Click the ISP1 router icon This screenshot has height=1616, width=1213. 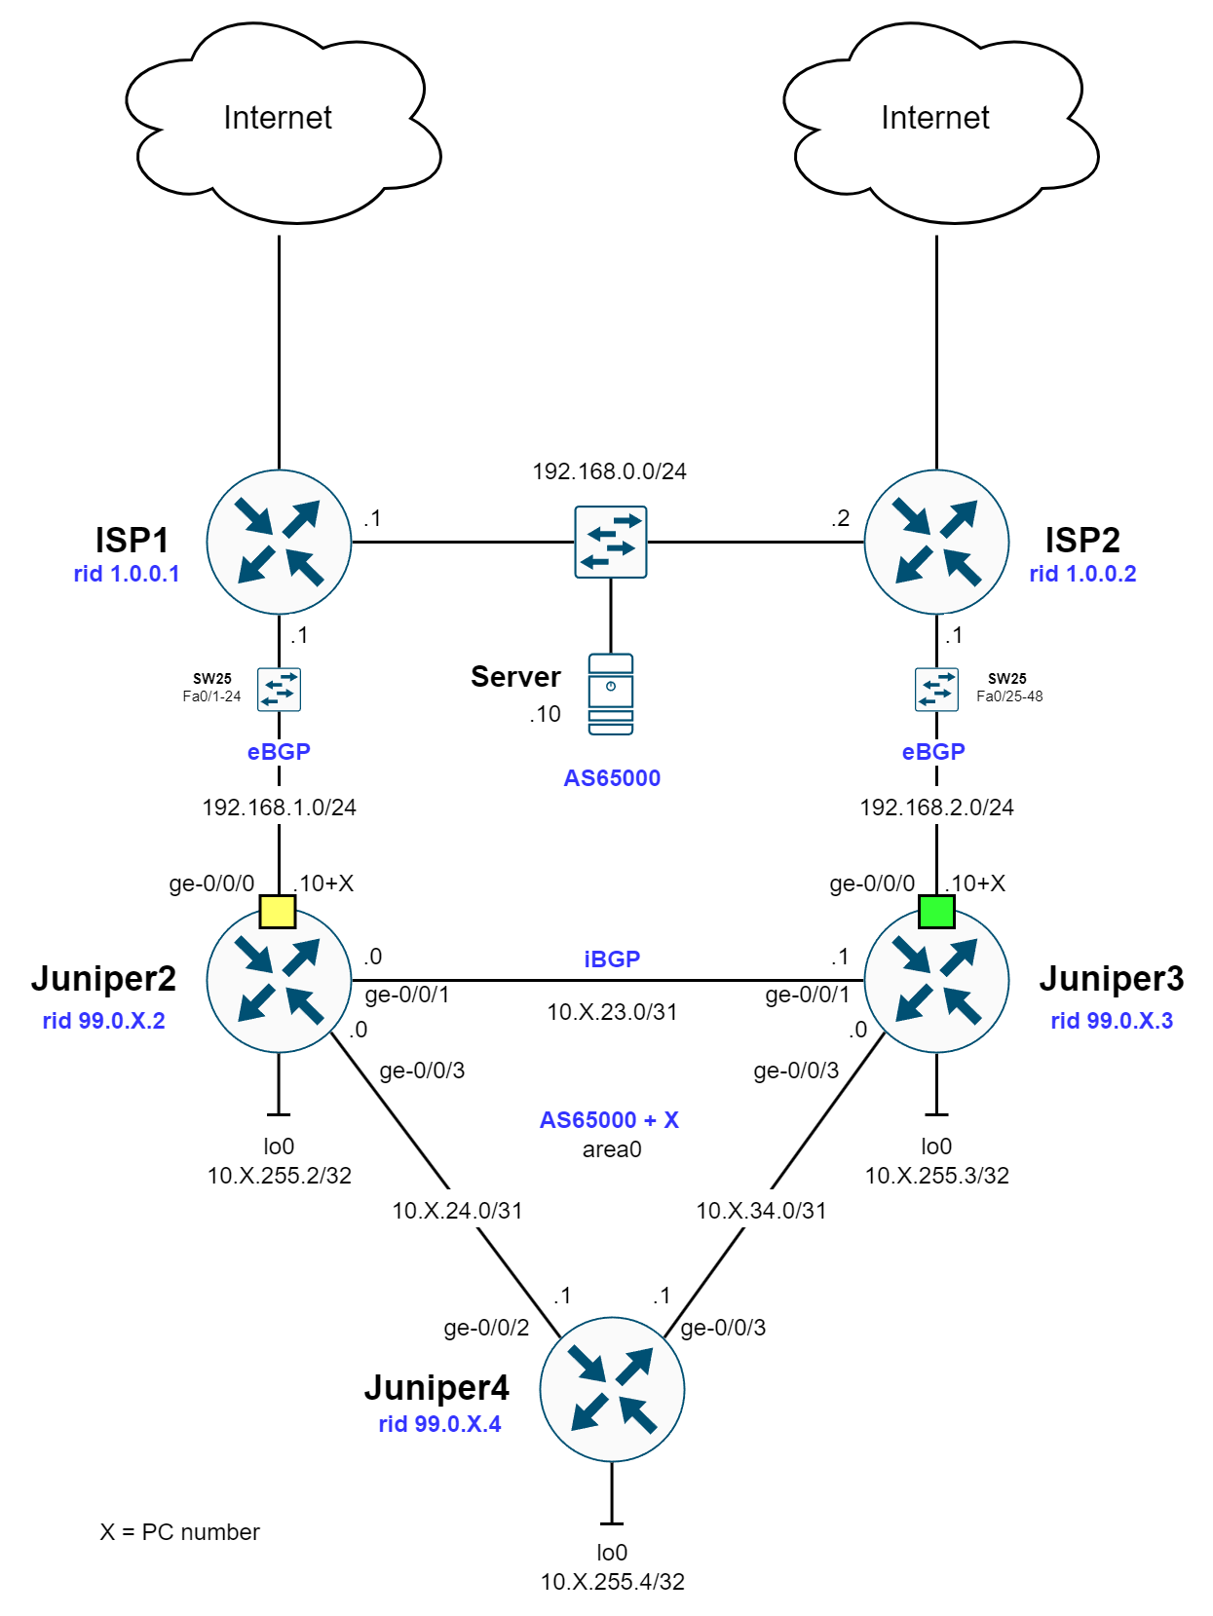pyautogui.click(x=279, y=543)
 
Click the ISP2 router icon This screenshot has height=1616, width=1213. pyautogui.click(x=936, y=543)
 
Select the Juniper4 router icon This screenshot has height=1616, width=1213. pyautogui.click(x=612, y=1389)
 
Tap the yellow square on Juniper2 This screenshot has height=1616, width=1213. pyautogui.click(x=278, y=912)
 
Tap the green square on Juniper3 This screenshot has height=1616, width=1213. pyautogui.click(x=936, y=912)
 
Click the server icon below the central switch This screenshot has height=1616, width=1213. pyautogui.click(x=611, y=694)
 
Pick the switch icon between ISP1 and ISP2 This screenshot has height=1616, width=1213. pyautogui.click(x=611, y=543)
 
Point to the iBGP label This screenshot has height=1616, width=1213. pyautogui.click(x=612, y=959)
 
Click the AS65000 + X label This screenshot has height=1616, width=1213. pyautogui.click(x=609, y=1120)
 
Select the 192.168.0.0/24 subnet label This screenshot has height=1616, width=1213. pyautogui.click(x=609, y=471)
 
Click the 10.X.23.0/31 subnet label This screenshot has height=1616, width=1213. pyautogui.click(x=612, y=1012)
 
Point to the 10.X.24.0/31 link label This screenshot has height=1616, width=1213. pyautogui.click(x=457, y=1211)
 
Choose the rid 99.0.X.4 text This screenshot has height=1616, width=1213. pyautogui.click(x=439, y=1424)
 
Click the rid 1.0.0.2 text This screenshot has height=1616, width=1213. pyautogui.click(x=1082, y=574)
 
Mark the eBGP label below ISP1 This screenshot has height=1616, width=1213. pyautogui.click(x=279, y=752)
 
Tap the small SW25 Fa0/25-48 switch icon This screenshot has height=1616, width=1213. pyautogui.click(x=936, y=690)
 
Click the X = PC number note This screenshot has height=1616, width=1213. pyautogui.click(x=179, y=1532)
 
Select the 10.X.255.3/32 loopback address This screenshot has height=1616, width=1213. pyautogui.click(x=936, y=1176)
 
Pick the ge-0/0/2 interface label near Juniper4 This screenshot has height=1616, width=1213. pyautogui.click(x=486, y=1328)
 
